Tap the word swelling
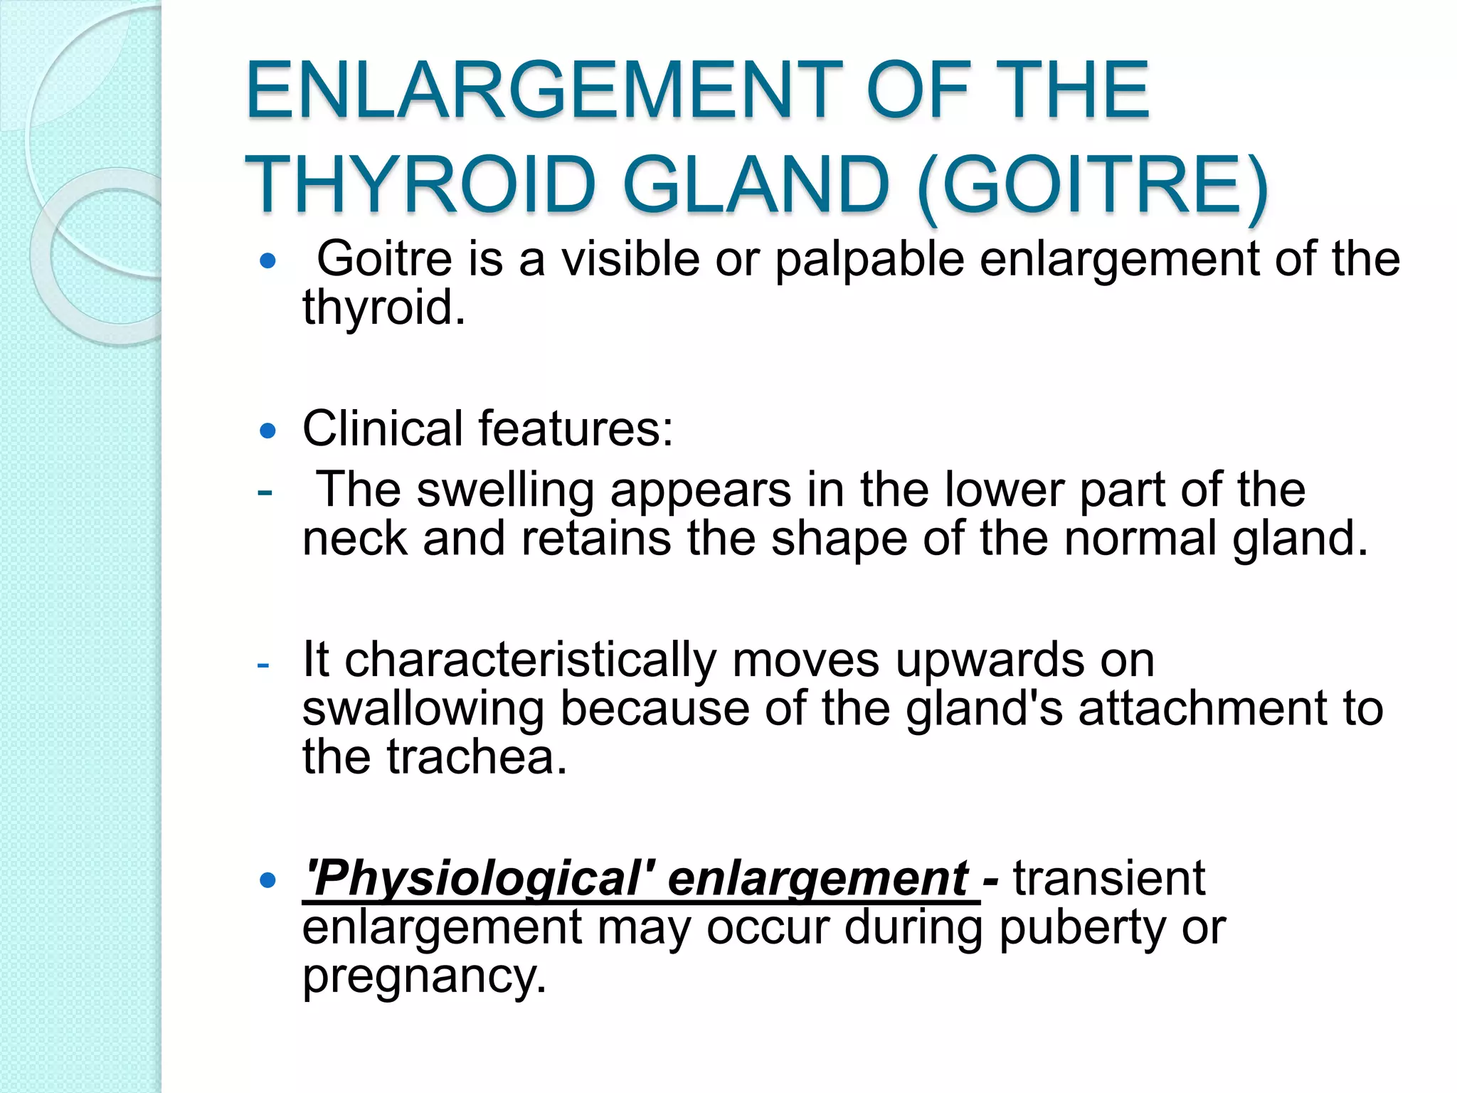coord(505,491)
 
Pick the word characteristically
coord(530,660)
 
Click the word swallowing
coord(423,709)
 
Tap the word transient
coord(1109,878)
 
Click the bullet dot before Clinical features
coord(267,431)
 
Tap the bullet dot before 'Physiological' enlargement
coord(267,881)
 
